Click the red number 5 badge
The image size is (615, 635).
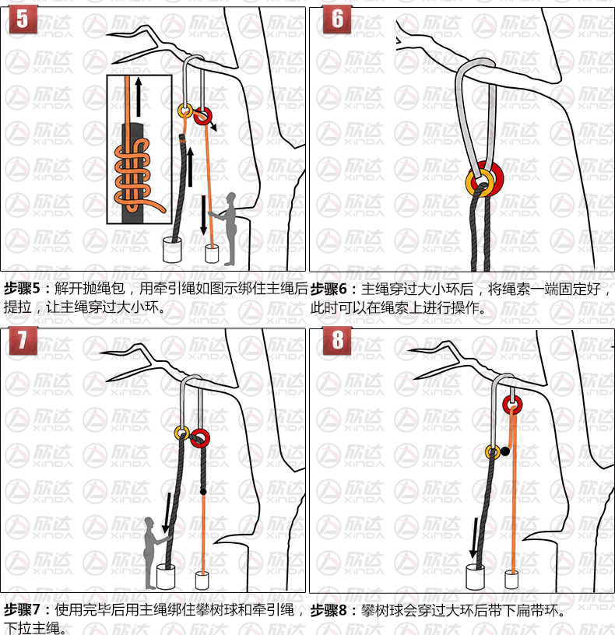23,19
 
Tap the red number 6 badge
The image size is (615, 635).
337,19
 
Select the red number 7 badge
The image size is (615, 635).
23,340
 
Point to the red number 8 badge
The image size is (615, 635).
337,340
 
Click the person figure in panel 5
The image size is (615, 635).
227,229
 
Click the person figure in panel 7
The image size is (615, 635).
154,553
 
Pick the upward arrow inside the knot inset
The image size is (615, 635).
139,96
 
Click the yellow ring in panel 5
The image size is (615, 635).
185,110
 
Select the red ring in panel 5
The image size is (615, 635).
203,115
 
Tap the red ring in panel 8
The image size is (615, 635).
512,404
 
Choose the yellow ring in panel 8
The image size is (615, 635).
493,452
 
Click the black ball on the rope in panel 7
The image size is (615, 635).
203,492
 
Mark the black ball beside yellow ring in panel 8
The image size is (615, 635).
504,451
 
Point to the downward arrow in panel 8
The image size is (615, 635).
474,538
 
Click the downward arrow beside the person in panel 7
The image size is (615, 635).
167,513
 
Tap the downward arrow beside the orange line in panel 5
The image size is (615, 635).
203,215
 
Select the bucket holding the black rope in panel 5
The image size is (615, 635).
172,250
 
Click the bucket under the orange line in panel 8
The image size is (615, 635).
512,580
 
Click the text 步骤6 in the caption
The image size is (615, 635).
329,289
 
